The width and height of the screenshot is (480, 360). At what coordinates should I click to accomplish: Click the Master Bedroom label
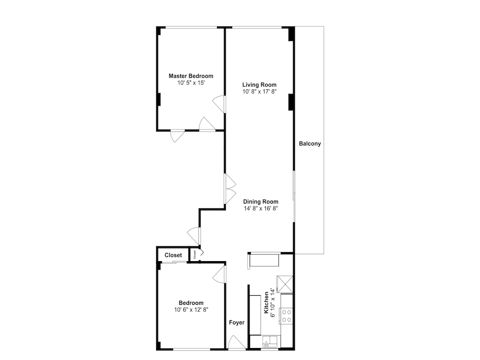[x=191, y=76]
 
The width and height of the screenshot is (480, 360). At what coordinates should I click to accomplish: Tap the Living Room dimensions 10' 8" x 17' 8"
[x=260, y=92]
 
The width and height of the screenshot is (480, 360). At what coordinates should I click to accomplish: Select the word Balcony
[x=310, y=144]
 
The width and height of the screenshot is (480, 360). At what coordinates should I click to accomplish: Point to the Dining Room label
[x=261, y=202]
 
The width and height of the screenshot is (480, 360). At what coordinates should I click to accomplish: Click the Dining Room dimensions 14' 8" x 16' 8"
[x=261, y=208]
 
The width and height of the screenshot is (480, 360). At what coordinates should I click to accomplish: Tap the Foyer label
[x=237, y=323]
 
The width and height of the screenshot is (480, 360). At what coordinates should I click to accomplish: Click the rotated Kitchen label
[x=266, y=302]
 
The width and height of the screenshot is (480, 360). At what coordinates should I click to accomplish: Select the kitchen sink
[x=270, y=341]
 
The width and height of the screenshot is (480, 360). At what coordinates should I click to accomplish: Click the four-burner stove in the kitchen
[x=287, y=316]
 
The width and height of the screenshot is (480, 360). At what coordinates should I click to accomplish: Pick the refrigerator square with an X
[x=285, y=284]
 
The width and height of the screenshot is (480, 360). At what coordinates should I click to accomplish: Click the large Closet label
[x=173, y=255]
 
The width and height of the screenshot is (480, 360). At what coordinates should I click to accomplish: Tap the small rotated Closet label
[x=194, y=254]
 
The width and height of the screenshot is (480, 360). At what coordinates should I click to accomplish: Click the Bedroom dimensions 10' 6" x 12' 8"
[x=192, y=310]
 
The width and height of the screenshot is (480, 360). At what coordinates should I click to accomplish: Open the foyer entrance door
[x=236, y=342]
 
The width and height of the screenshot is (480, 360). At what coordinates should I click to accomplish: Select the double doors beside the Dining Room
[x=230, y=189]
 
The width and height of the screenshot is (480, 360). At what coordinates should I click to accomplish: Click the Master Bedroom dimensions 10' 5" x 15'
[x=191, y=83]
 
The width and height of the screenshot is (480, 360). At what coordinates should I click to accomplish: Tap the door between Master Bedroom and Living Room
[x=219, y=104]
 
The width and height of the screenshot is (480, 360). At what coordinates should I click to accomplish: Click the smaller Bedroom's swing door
[x=219, y=274]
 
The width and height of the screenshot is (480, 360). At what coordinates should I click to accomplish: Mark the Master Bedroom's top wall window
[x=192, y=28]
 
